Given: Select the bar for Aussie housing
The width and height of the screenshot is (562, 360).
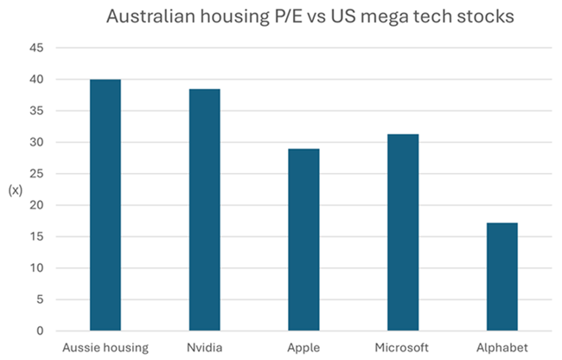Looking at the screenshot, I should [105, 205].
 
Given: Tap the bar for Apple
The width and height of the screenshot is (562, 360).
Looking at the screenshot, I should [303, 240].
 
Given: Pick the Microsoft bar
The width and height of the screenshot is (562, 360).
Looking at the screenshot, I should [402, 233].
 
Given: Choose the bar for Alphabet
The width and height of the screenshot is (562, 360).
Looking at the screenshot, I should [501, 277].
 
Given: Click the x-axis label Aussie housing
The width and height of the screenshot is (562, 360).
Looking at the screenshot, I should [105, 347].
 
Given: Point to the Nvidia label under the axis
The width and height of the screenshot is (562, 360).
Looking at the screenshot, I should [204, 347].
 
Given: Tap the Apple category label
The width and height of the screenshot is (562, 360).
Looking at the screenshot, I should [303, 347].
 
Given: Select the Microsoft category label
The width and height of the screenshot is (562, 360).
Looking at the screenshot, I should [402, 347].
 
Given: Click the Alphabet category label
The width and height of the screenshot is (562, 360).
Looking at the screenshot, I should [501, 347].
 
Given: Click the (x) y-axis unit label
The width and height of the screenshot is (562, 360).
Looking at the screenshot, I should [14, 190].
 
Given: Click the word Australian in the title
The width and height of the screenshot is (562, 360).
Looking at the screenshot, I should [146, 16].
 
